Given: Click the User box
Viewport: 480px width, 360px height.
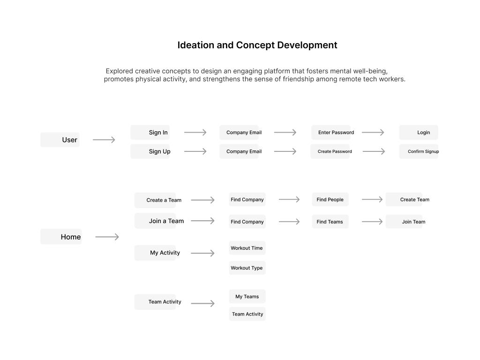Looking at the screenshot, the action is [60, 140].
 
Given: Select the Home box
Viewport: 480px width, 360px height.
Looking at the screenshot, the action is [61, 237].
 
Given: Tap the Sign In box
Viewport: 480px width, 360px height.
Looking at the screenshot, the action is [150, 133].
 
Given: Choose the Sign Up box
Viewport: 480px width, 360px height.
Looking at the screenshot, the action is [150, 151].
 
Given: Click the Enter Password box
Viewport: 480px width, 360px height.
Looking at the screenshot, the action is [331, 133].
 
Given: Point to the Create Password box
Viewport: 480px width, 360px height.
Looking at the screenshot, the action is [330, 151].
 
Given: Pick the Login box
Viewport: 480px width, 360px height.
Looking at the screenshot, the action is [419, 133].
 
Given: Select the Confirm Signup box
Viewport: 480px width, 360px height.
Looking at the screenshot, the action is [419, 151].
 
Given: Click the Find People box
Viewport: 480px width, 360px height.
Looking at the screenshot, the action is [330, 199].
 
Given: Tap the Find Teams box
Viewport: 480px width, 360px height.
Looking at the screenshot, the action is [330, 222].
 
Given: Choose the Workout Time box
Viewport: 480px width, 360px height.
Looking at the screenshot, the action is [247, 248].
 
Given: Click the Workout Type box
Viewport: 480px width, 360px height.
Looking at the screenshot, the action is [247, 268].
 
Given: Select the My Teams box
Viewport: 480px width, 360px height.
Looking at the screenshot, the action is [247, 296].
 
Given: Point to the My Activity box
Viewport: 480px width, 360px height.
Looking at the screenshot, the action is [155, 253].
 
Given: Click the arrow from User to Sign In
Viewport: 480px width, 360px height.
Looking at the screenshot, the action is [104, 140].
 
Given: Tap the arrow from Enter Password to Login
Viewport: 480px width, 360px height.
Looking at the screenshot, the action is [373, 132].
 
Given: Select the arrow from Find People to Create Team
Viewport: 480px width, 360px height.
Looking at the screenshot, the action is [372, 199].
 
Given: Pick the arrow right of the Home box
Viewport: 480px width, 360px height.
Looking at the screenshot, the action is [107, 237].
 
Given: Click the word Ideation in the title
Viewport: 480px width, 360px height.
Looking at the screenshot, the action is [196, 45].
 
